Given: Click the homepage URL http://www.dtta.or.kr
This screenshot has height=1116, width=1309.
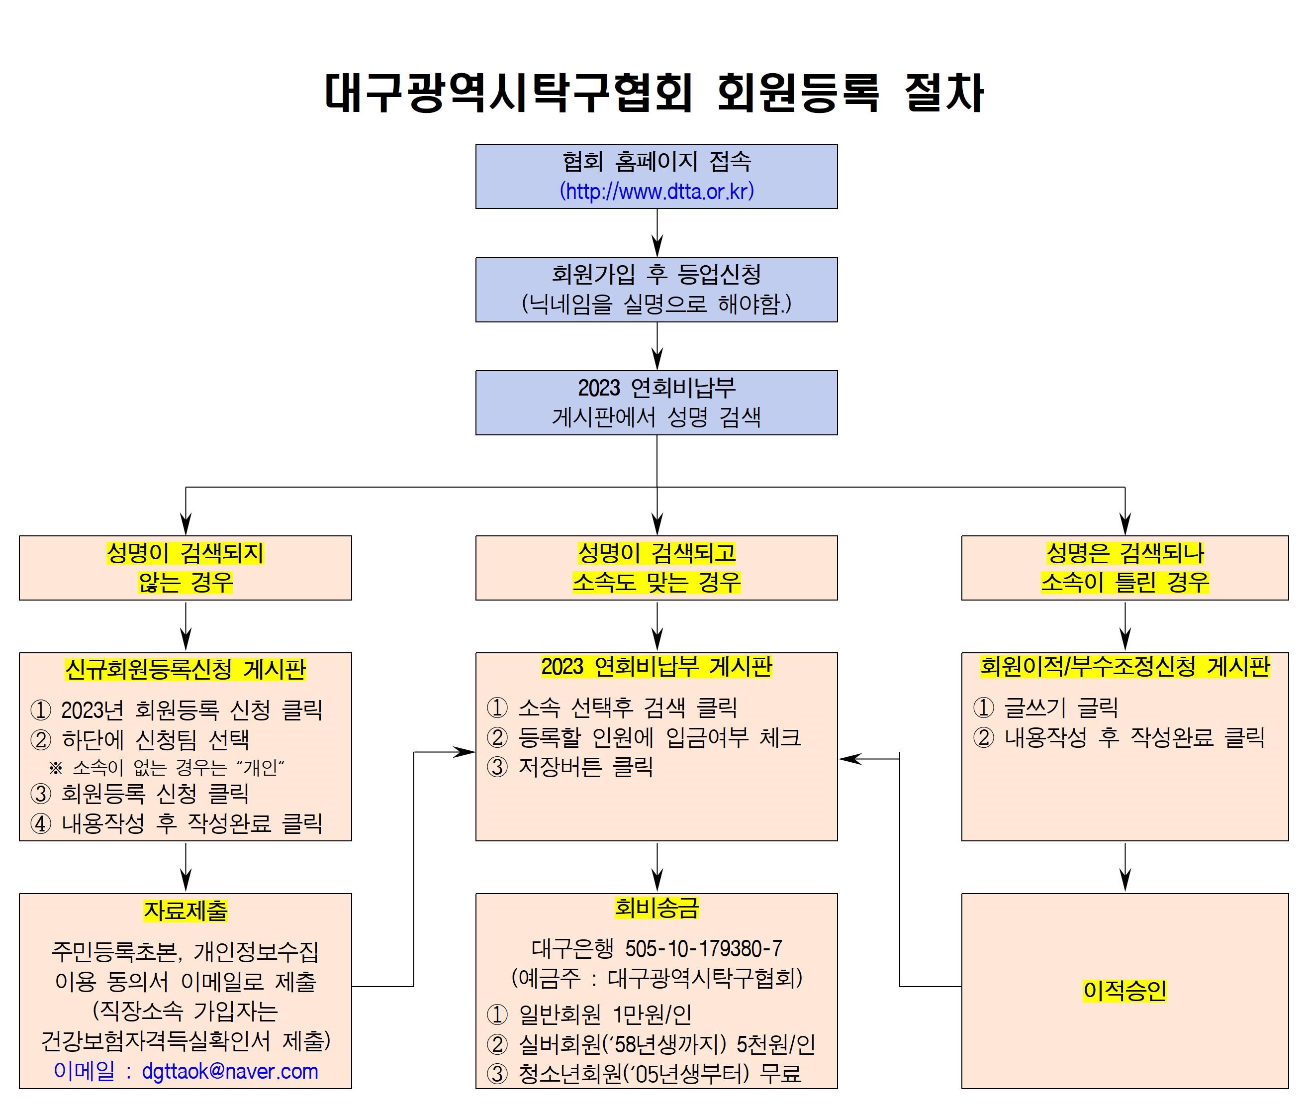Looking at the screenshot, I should pyautogui.click(x=656, y=192).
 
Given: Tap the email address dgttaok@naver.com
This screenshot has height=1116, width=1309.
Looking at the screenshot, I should pyautogui.click(x=230, y=1071).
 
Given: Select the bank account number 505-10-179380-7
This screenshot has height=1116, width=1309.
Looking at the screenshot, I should pyautogui.click(x=703, y=948).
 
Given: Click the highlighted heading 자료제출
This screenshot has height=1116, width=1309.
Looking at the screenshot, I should pyautogui.click(x=186, y=911).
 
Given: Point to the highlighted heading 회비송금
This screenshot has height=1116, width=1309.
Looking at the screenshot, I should pyautogui.click(x=657, y=908).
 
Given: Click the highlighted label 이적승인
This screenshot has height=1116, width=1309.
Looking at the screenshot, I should pyautogui.click(x=1124, y=990).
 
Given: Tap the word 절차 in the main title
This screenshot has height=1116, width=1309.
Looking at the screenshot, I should pyautogui.click(x=944, y=93).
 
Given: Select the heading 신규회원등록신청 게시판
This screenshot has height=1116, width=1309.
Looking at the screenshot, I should pyautogui.click(x=186, y=669).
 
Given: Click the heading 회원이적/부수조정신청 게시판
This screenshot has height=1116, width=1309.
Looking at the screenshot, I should pyautogui.click(x=1124, y=667).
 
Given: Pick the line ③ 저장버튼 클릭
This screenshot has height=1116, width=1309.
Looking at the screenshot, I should pyautogui.click(x=570, y=767).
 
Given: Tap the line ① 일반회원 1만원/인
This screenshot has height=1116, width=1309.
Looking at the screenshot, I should pyautogui.click(x=589, y=1015).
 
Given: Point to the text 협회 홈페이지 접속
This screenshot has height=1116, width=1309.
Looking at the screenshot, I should pyautogui.click(x=656, y=162).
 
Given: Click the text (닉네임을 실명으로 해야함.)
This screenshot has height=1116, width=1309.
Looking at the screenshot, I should pyautogui.click(x=656, y=304).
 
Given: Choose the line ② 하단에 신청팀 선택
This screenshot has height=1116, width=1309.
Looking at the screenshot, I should pyautogui.click(x=140, y=739).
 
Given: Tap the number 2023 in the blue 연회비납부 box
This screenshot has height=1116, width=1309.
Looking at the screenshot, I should pyautogui.click(x=599, y=388).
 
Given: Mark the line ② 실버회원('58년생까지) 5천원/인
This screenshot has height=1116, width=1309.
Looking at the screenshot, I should pyautogui.click(x=651, y=1044).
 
